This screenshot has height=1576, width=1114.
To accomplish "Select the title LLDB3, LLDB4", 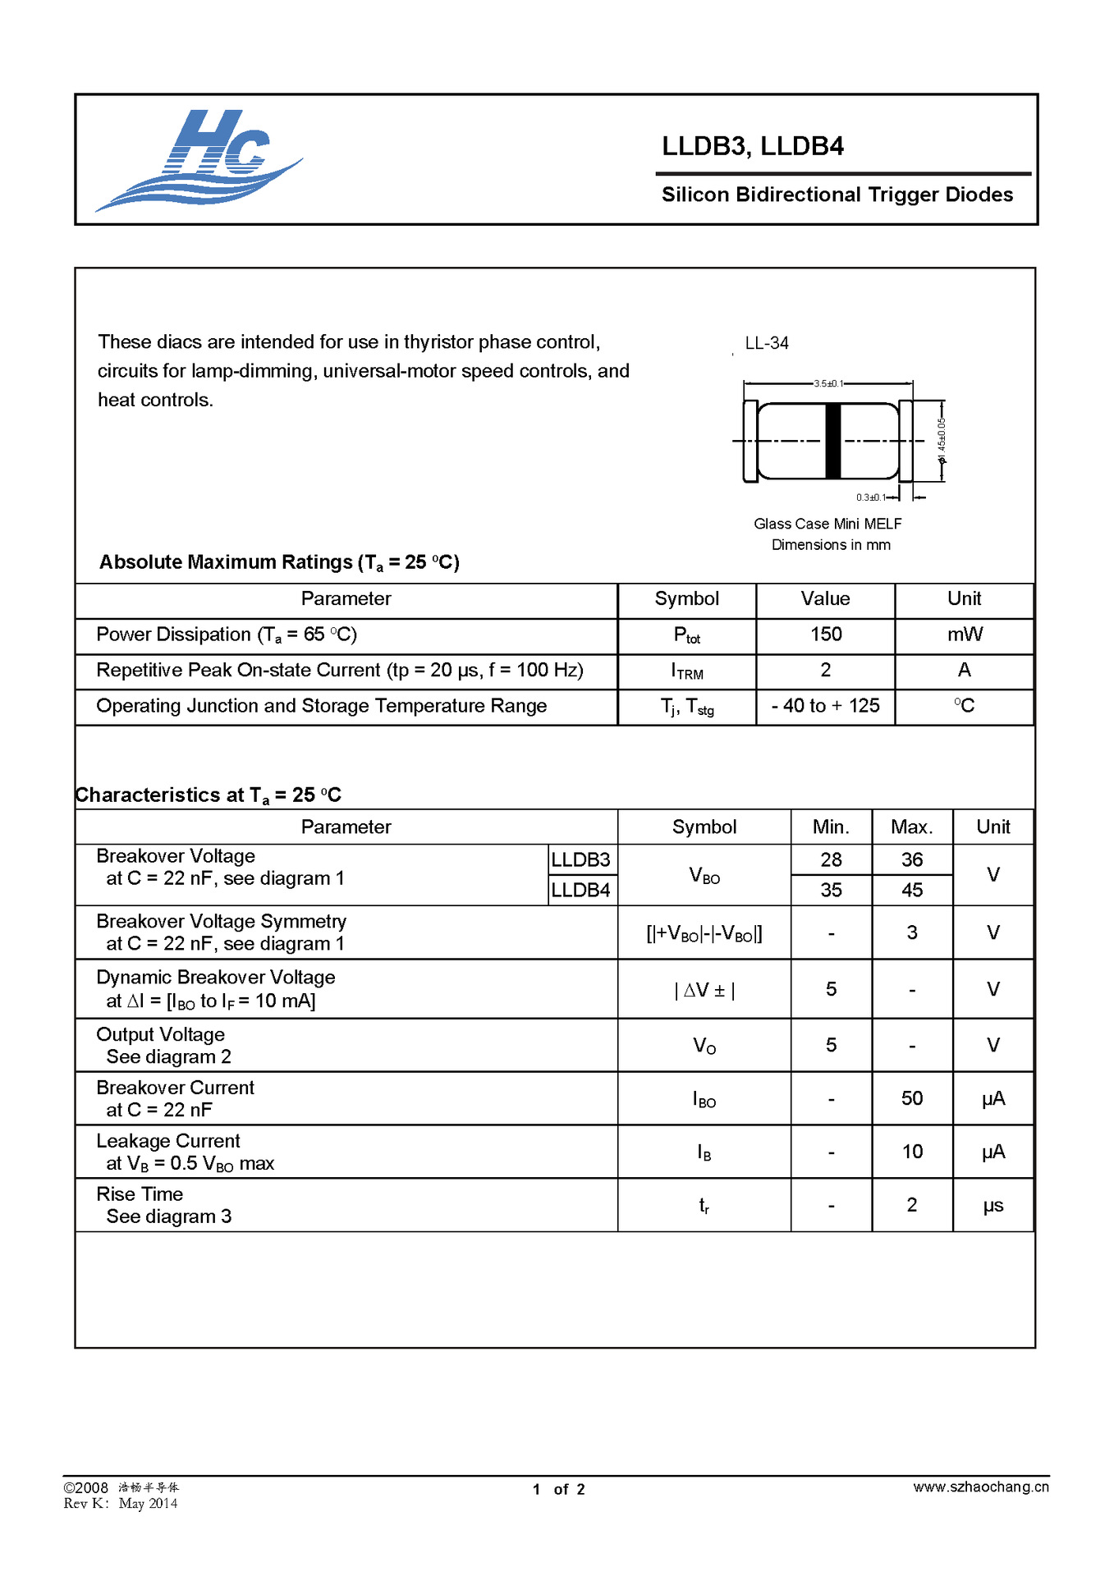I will point(752,146).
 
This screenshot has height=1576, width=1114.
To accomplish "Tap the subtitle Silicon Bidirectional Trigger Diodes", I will point(837,195).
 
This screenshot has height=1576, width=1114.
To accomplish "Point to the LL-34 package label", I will point(766,343).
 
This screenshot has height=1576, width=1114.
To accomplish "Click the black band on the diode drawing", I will point(832,441).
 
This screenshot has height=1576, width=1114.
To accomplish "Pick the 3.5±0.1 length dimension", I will point(827,383).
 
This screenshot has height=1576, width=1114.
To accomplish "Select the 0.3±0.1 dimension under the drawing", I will point(870,497).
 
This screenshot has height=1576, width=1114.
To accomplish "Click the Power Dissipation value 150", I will point(826,635).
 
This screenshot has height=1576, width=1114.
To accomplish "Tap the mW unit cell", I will point(965,635).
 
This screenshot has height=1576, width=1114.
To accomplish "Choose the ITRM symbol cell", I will point(687,671).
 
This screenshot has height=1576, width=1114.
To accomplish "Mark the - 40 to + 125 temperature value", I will point(826,706).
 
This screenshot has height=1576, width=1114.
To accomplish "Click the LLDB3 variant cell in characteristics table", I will point(580,859).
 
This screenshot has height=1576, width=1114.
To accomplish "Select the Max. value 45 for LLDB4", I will point(911,890).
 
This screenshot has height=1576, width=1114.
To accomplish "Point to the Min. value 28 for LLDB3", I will point(831,859).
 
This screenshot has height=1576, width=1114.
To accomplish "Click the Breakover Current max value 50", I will point(911,1098).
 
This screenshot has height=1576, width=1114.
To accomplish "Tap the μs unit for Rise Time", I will point(993,1206).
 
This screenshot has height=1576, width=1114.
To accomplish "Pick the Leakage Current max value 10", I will point(911,1152).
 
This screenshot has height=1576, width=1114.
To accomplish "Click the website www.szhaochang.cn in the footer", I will point(980,1487).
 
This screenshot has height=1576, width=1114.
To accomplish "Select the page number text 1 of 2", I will point(558,1489).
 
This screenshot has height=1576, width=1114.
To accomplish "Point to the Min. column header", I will point(831,827).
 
